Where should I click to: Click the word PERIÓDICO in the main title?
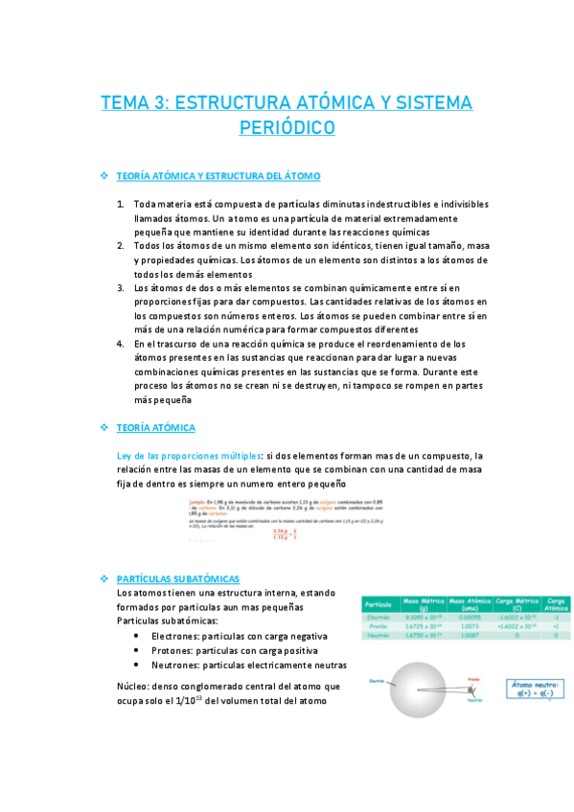click(287, 127)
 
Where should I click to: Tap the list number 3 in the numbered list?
click(121, 287)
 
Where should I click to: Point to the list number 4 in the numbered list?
click(121, 343)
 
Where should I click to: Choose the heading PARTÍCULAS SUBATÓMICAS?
click(177, 579)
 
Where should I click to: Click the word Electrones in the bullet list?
click(176, 636)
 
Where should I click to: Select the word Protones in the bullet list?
click(173, 650)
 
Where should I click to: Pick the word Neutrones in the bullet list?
click(177, 665)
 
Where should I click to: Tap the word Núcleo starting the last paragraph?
click(132, 687)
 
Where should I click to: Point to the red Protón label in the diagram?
click(472, 678)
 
